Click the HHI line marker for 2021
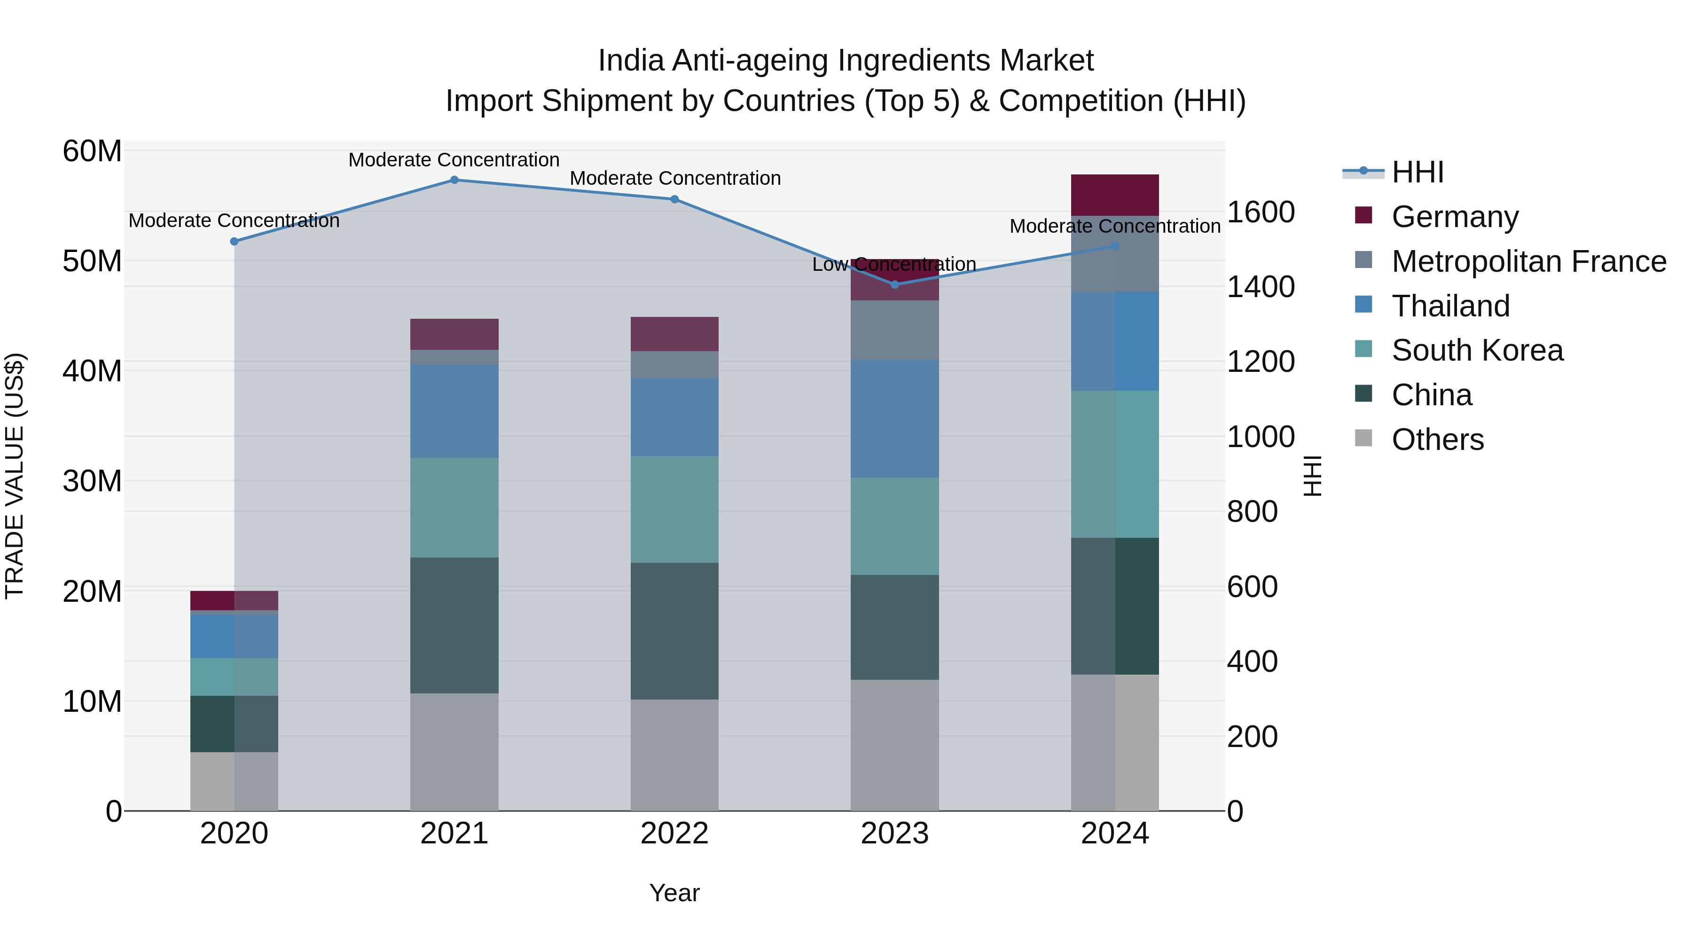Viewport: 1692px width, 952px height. tap(454, 180)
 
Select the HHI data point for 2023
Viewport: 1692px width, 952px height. tap(894, 284)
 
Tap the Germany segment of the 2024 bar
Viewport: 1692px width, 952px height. tap(1115, 195)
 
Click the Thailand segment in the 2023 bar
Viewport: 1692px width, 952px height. tap(894, 418)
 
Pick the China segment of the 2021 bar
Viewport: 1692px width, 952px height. tap(454, 625)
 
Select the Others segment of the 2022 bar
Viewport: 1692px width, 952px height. tap(674, 755)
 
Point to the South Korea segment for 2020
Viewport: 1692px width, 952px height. tap(234, 677)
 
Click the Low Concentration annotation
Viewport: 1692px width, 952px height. tap(894, 264)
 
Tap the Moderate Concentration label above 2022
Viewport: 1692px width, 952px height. tap(674, 178)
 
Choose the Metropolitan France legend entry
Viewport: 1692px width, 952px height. tap(1528, 261)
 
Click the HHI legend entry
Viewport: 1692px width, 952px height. tap(1418, 172)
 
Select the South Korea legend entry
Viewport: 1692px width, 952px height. tap(1477, 350)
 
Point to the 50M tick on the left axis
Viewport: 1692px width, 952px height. tap(92, 261)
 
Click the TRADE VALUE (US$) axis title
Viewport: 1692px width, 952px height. tap(15, 476)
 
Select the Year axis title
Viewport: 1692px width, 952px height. tap(674, 893)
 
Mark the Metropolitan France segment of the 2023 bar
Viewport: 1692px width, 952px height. tap(894, 330)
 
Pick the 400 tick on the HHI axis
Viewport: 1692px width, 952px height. tap(1252, 661)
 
